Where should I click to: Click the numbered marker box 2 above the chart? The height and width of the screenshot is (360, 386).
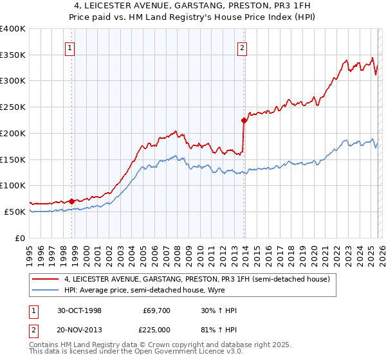(242, 46)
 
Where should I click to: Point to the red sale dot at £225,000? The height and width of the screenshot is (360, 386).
(244, 120)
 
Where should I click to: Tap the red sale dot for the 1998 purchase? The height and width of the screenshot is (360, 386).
(72, 201)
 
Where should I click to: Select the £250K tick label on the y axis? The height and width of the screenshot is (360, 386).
(13, 107)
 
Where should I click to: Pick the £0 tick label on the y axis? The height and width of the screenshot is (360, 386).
(21, 238)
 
